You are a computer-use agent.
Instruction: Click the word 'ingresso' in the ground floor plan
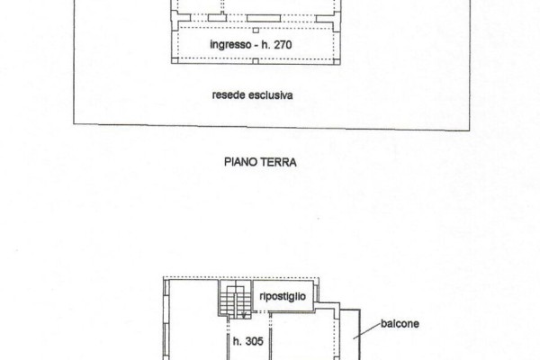coord(230,45)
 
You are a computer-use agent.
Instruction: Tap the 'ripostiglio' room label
coord(283,297)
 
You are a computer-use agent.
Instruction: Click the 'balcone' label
coord(400,324)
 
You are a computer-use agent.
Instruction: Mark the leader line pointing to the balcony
coord(367,331)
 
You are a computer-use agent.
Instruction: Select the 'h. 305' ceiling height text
coord(248,341)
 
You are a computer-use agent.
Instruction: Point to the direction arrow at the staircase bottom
coord(244,314)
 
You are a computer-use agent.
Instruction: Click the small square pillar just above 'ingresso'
coord(256,31)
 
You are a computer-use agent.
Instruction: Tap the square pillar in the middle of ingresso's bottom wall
coord(256,61)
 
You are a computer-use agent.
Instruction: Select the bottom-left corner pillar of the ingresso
coord(175,60)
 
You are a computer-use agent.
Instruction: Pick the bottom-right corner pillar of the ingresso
coord(337,61)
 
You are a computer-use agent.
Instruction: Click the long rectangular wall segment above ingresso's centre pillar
coord(264,18)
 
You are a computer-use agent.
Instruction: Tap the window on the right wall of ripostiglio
coord(317,292)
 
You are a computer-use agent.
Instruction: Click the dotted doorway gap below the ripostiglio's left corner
coord(261,312)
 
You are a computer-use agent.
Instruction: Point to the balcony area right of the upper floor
coord(350,334)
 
